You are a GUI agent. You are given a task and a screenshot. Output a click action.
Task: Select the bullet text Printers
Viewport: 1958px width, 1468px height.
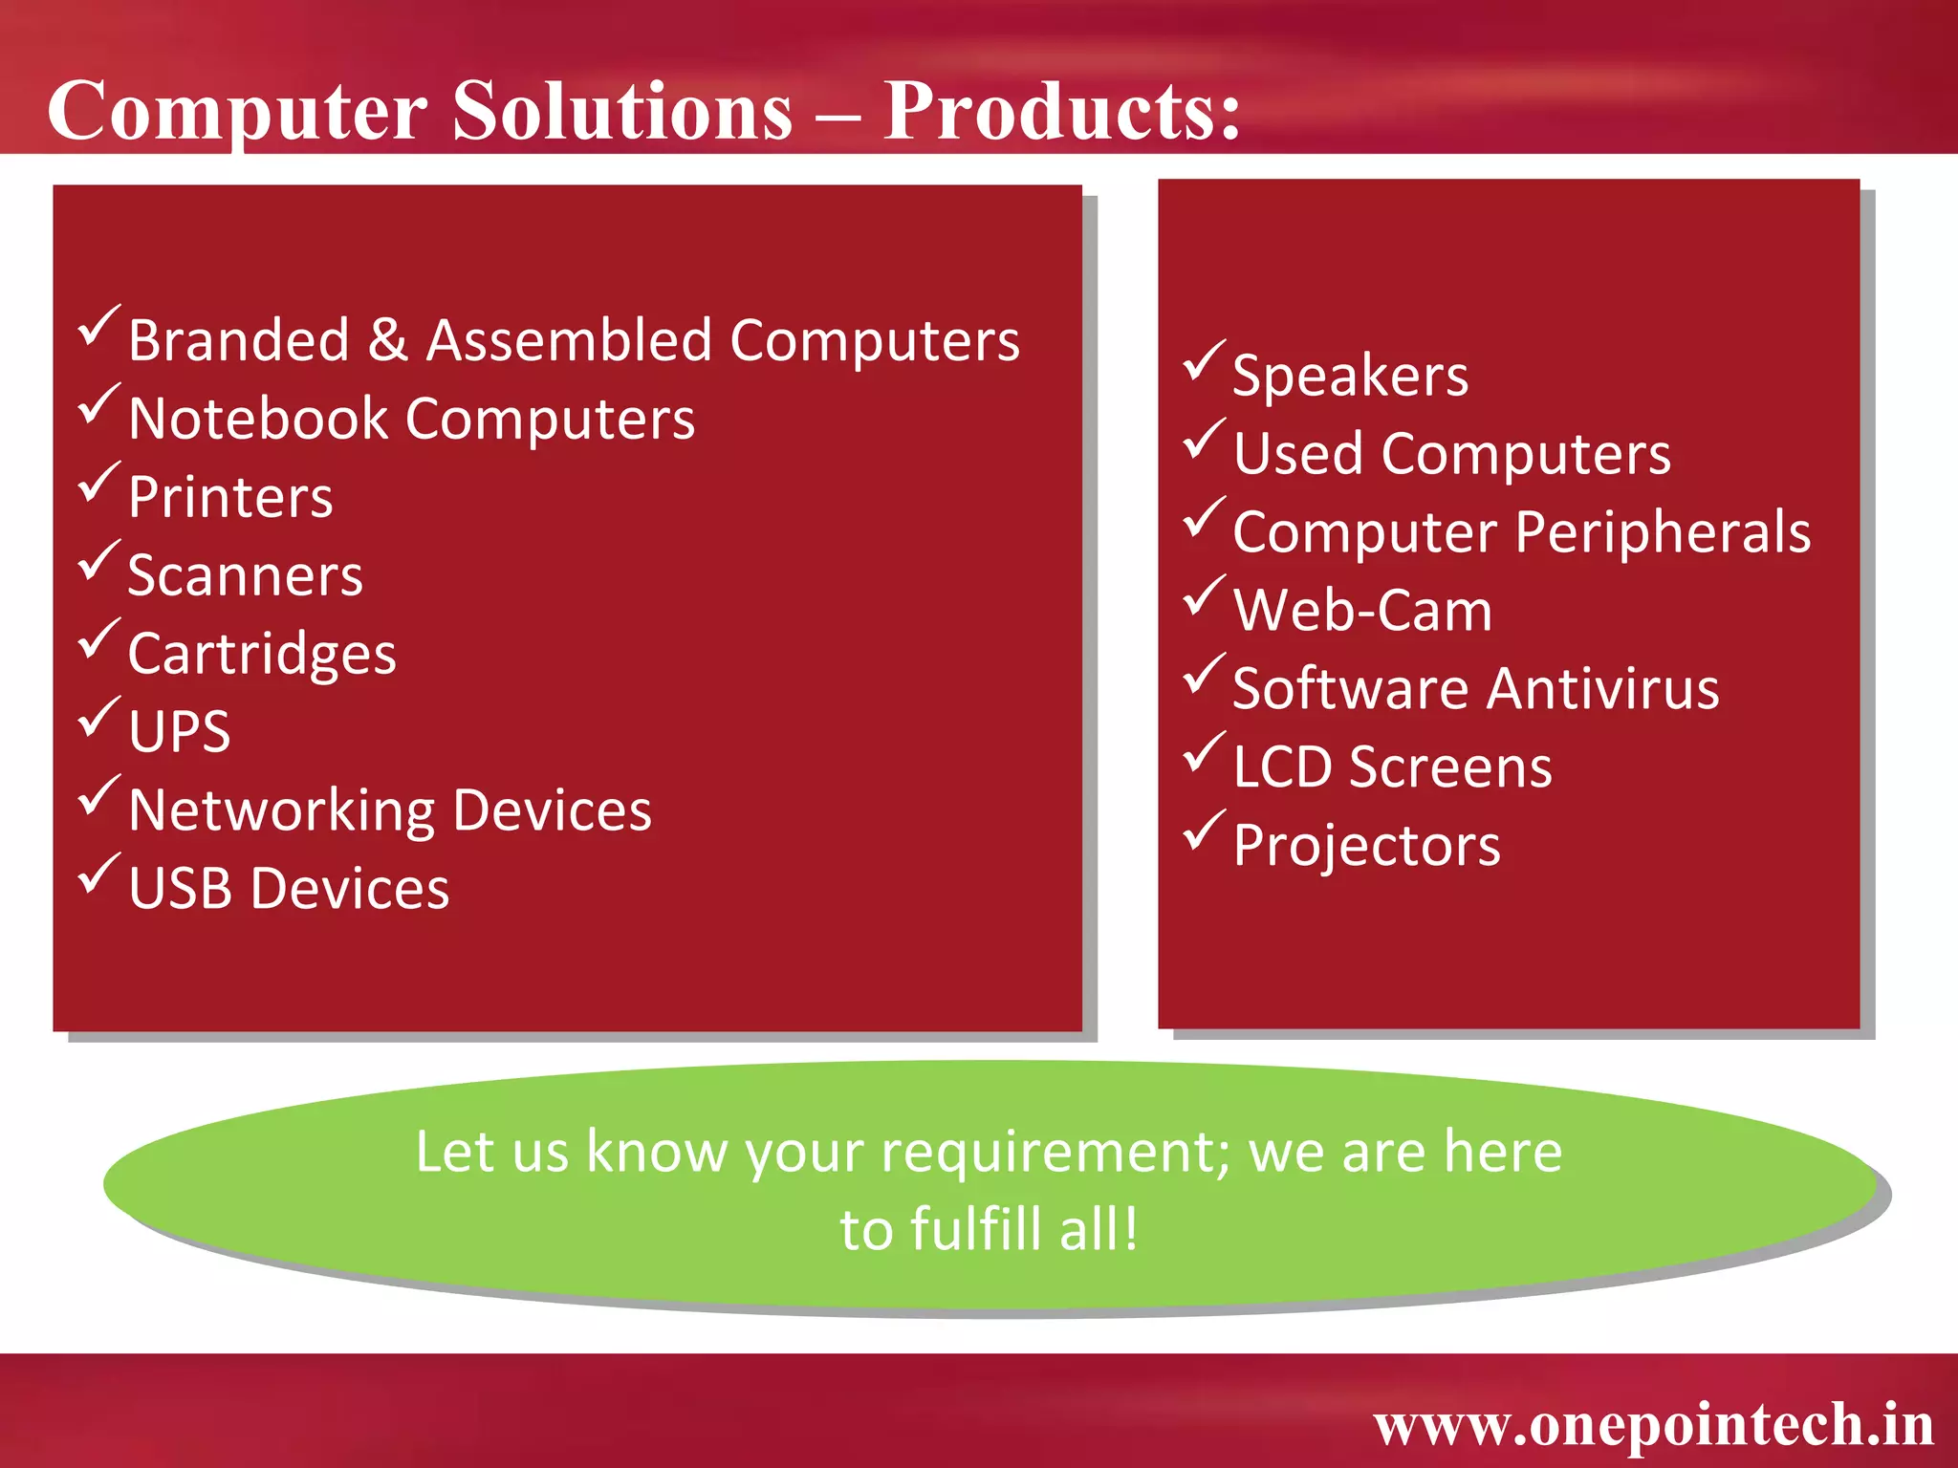(x=230, y=497)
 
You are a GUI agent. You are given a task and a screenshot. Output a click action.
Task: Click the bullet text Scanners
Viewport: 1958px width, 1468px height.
(x=246, y=575)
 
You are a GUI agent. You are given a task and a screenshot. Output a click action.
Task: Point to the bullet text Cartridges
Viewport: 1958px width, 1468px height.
(x=262, y=655)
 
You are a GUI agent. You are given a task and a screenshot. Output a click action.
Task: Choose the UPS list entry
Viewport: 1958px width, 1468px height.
(x=180, y=732)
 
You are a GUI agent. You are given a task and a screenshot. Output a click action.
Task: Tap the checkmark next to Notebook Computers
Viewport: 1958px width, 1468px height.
(x=98, y=403)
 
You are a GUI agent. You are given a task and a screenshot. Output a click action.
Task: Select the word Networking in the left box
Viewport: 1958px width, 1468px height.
(x=282, y=811)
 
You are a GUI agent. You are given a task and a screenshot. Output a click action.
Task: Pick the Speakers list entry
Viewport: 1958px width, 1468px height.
(x=1350, y=376)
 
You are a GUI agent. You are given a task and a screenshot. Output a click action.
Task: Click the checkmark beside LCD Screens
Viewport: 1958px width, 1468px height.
(x=1204, y=752)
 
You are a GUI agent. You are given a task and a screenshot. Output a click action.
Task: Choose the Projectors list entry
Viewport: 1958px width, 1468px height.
(x=1366, y=846)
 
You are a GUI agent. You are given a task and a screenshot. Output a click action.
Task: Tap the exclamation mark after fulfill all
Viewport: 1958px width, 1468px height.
(x=1131, y=1229)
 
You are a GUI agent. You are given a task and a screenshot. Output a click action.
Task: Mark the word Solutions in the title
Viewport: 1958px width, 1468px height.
(x=622, y=110)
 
